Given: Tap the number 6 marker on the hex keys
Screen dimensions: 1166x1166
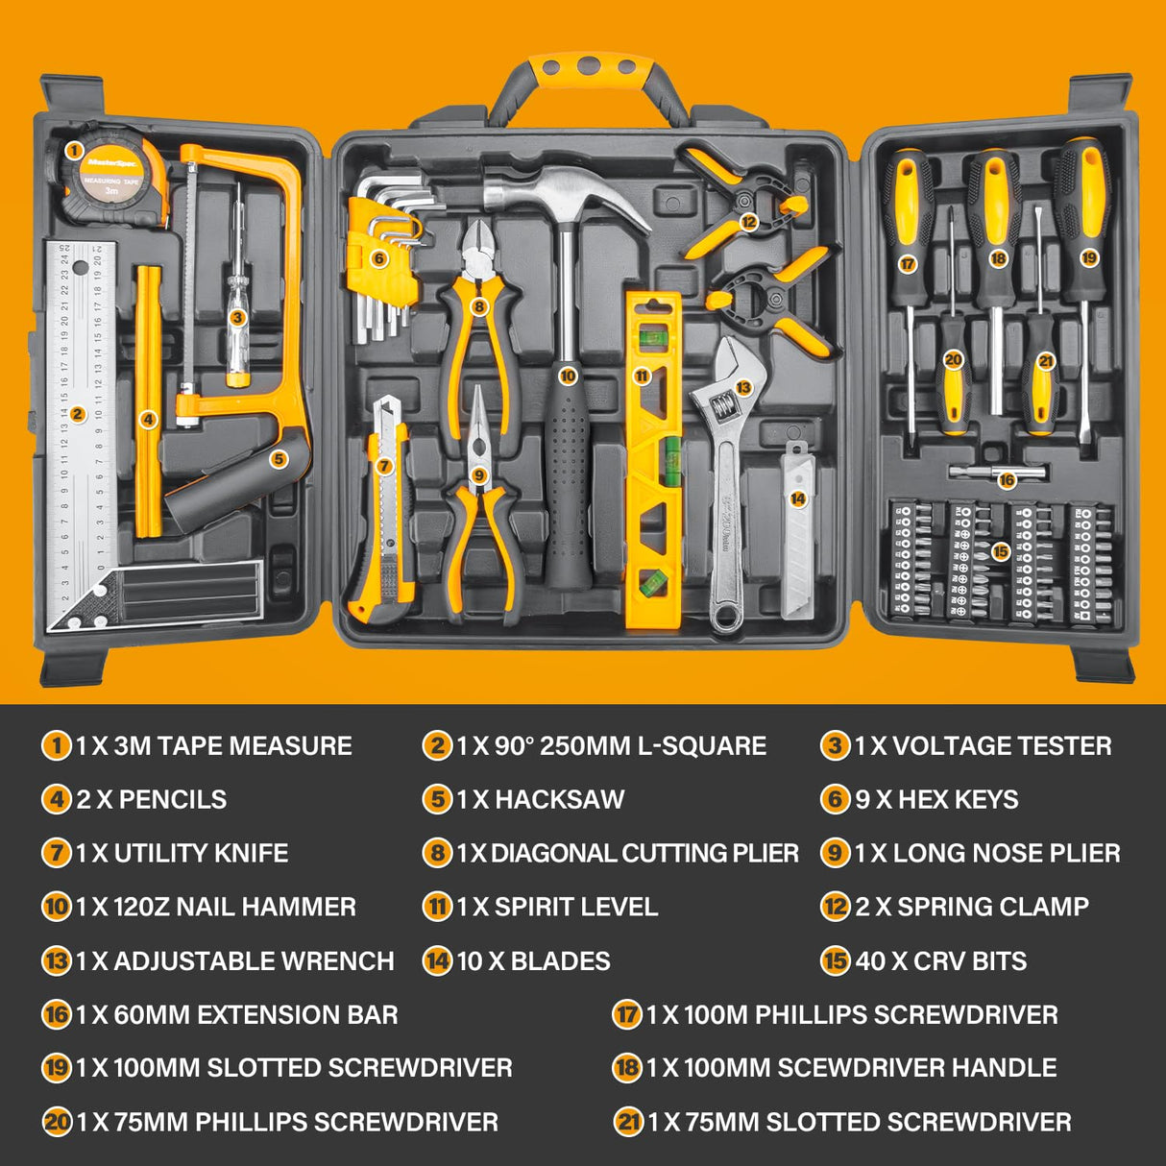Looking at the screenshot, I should click(x=378, y=257).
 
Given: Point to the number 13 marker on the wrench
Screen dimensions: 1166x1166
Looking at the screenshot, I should click(x=742, y=387).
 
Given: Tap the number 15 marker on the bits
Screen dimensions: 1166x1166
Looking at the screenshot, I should click(x=1000, y=551).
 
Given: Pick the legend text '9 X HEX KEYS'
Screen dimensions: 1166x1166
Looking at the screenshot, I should click(x=936, y=799).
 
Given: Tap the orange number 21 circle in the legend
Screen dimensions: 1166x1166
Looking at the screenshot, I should click(x=627, y=1122).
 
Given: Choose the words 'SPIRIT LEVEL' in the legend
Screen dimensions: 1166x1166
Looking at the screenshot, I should click(x=575, y=907).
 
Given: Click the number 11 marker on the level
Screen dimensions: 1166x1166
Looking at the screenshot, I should click(x=642, y=376).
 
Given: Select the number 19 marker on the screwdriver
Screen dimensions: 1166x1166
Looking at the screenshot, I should click(x=1087, y=257).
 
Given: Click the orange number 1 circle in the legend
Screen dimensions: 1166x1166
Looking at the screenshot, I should click(x=56, y=745).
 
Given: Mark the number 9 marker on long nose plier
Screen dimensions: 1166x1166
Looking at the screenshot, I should click(x=479, y=474).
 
